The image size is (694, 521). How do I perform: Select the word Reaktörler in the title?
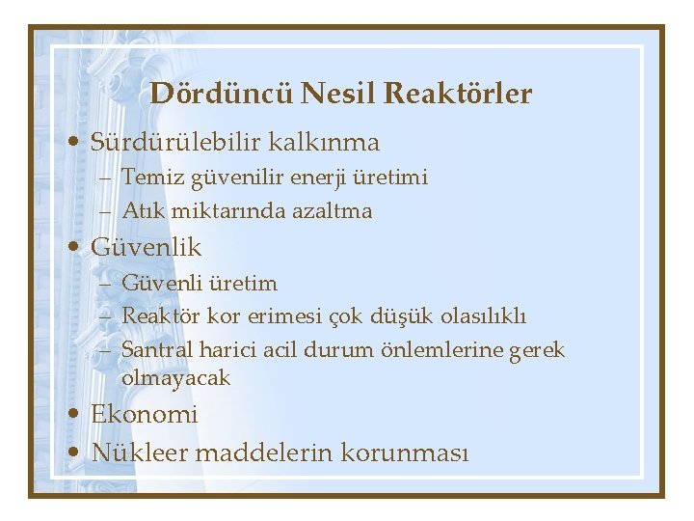tap(458, 94)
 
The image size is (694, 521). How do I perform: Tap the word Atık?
tap(139, 209)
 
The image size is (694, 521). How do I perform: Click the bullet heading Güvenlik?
tap(147, 247)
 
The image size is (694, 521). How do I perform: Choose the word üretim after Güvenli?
tap(241, 284)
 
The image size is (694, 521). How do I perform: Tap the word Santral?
tap(155, 348)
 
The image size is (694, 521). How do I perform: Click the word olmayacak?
tap(176, 378)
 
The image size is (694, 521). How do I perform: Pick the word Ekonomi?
tap(145, 415)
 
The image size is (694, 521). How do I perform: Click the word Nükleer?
tap(140, 452)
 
